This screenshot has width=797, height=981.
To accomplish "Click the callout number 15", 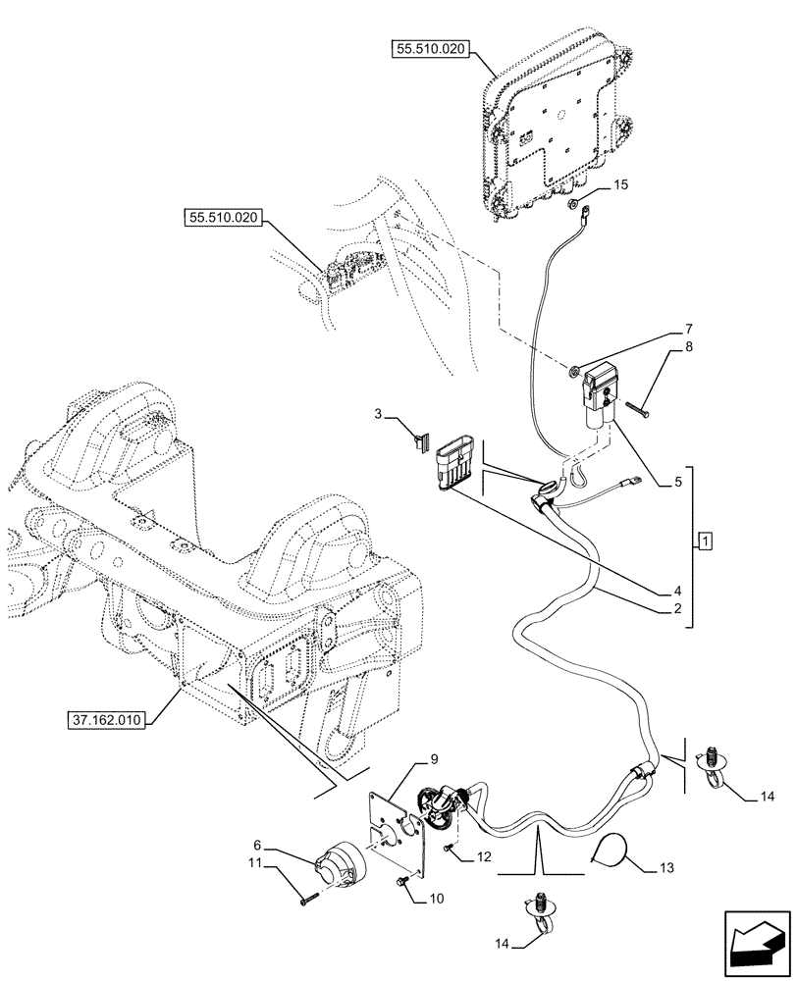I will tap(619, 183).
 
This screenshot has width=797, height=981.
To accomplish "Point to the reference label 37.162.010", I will tap(107, 720).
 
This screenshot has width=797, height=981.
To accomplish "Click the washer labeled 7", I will tap(572, 372).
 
